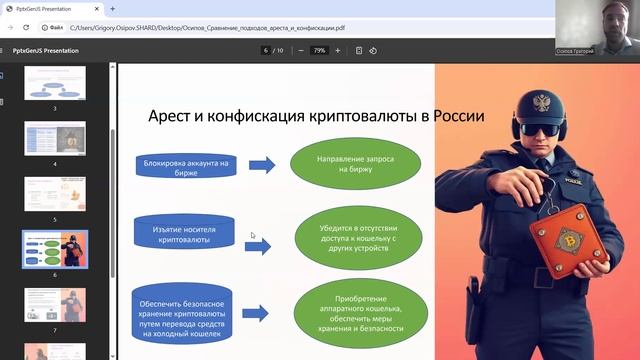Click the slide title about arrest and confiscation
coord(316,117)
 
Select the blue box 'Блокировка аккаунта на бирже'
coord(185,166)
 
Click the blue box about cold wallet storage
coord(186,312)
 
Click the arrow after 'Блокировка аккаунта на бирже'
coord(263,164)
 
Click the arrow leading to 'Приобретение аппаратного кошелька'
coord(256,314)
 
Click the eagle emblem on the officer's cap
coord(544,101)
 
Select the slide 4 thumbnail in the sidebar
coord(55,141)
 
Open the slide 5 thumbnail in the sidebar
coord(55,195)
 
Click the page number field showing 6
coord(265,49)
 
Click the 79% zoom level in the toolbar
coord(319,49)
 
